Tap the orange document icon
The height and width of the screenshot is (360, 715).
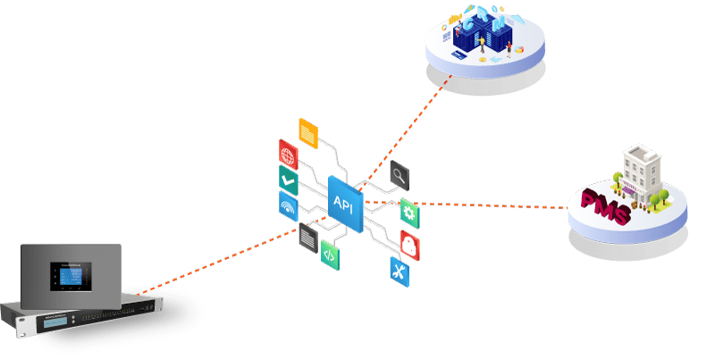[307, 131]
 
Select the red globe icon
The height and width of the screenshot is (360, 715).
[288, 153]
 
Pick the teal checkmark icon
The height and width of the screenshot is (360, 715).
[288, 180]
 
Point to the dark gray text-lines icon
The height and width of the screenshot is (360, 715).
[308, 236]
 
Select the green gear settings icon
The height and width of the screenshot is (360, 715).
[409, 213]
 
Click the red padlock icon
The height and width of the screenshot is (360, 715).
[410, 243]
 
